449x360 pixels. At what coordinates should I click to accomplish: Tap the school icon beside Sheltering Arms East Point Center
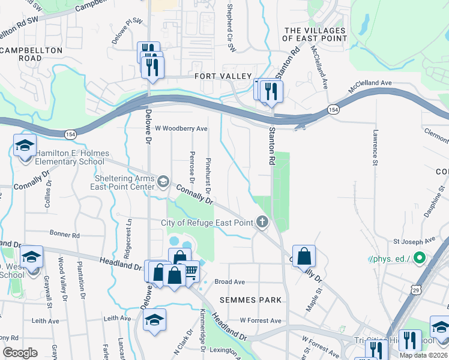coord(162,181)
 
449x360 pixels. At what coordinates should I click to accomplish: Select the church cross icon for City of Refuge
coord(262,223)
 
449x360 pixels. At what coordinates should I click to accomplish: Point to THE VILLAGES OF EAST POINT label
coord(315,34)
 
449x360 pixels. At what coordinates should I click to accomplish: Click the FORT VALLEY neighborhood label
coord(222,76)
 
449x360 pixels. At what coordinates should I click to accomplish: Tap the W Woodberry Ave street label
coord(181,128)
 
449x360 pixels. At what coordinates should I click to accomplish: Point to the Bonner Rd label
coord(65,235)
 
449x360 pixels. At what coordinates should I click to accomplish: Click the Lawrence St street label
coord(375,149)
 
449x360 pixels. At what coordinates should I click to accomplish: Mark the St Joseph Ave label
coord(414,241)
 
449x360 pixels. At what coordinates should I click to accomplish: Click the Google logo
coord(20,352)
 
